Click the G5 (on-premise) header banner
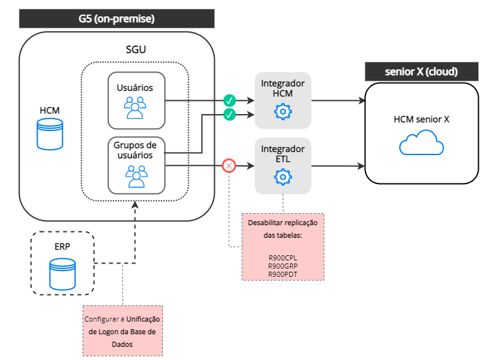pyautogui.click(x=117, y=18)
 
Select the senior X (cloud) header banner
pyautogui.click(x=421, y=71)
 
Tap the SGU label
pyautogui.click(x=136, y=49)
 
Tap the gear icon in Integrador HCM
pyautogui.click(x=283, y=112)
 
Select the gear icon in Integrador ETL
pyautogui.click(x=283, y=178)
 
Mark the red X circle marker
pyautogui.click(x=229, y=166)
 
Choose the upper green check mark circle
pyautogui.click(x=230, y=100)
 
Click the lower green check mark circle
pyautogui.click(x=230, y=114)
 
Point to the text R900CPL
pyautogui.click(x=282, y=257)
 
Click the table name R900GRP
pyautogui.click(x=282, y=265)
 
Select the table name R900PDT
pyautogui.click(x=282, y=274)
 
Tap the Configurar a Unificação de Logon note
pyautogui.click(x=122, y=331)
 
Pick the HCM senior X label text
pyautogui.click(x=421, y=119)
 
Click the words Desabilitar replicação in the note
pyautogui.click(x=282, y=223)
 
